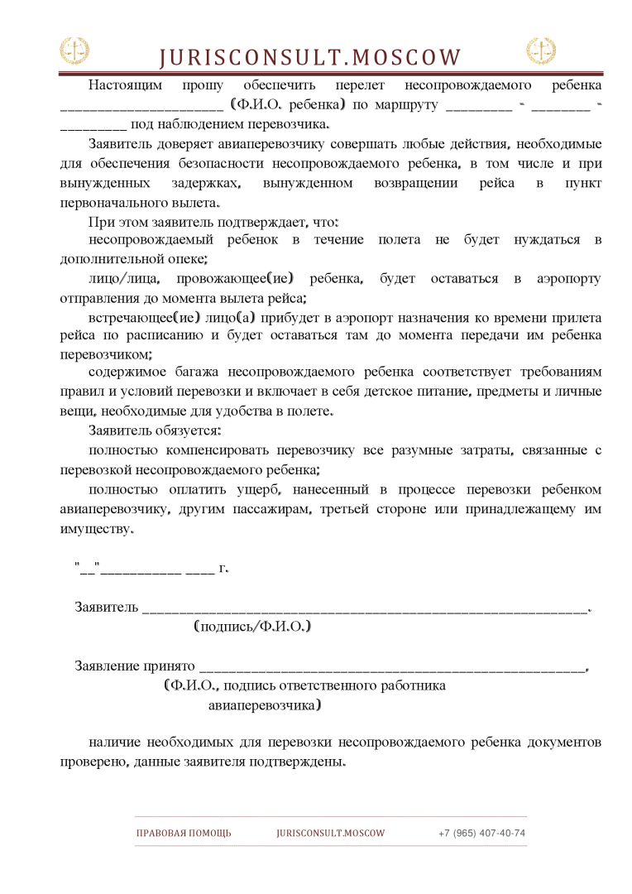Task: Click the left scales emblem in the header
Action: (x=74, y=51)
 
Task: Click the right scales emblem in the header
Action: (x=541, y=51)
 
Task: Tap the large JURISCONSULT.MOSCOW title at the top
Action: (x=309, y=57)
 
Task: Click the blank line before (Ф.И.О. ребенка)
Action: (x=141, y=106)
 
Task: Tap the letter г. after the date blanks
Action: (x=223, y=569)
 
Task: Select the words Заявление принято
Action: (x=135, y=666)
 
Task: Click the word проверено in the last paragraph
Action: (x=92, y=762)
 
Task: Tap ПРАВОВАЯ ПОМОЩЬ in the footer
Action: (x=184, y=834)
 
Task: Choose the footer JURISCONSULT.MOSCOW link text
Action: (x=331, y=834)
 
